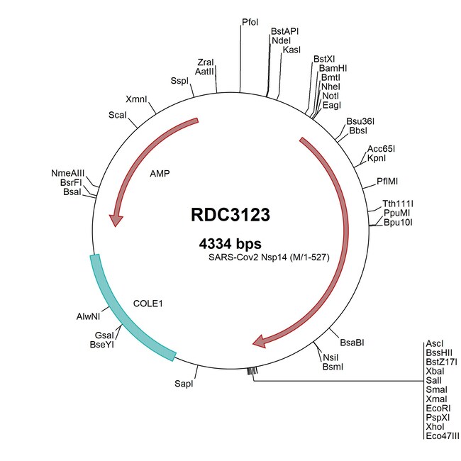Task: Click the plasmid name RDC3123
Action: click(x=230, y=215)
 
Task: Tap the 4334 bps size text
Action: click(x=230, y=243)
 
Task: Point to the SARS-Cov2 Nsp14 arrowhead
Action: click(x=260, y=342)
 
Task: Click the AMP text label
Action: click(x=160, y=173)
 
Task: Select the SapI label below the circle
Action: click(x=183, y=384)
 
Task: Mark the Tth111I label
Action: click(x=399, y=202)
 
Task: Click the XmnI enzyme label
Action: click(x=136, y=99)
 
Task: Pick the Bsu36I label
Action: click(x=360, y=121)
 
